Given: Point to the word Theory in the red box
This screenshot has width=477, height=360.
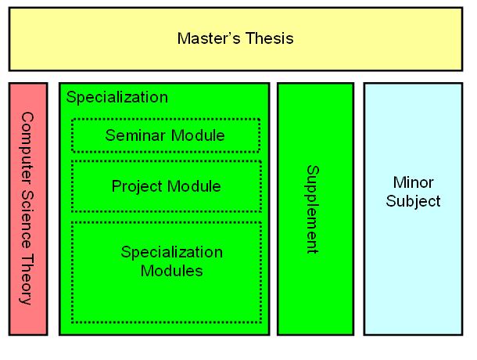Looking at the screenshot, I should (27, 282).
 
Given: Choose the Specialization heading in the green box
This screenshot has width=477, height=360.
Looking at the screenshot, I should (117, 98).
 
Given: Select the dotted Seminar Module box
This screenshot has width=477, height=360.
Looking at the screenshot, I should (165, 135).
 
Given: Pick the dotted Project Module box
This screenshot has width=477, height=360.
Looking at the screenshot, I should (165, 186).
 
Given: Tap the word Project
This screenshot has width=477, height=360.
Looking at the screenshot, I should (135, 186).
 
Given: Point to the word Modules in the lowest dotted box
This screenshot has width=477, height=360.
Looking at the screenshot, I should (171, 271).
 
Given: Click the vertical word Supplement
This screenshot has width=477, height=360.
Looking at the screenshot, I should (312, 209).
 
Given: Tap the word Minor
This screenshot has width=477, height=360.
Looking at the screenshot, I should (413, 182).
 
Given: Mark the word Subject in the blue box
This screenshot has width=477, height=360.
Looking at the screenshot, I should (413, 201).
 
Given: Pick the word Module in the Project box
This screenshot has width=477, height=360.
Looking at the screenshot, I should (194, 186).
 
